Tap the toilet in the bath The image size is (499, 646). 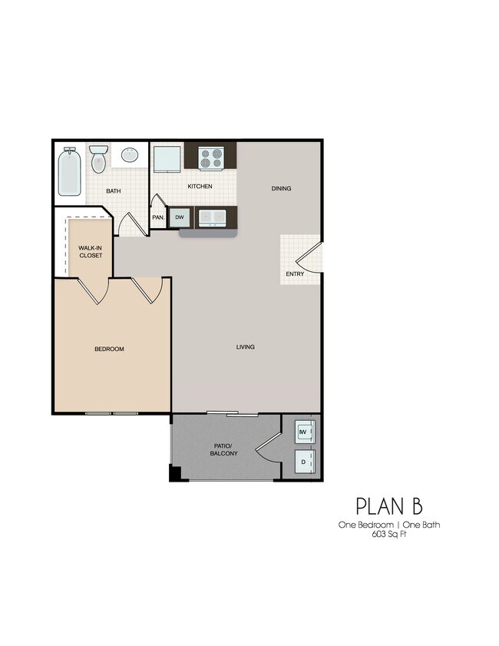pos(98,160)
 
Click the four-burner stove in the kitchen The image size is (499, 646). pos(210,158)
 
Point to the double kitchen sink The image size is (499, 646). pos(210,218)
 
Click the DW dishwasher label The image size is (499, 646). pos(180,218)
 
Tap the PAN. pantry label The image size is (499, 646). pos(159,217)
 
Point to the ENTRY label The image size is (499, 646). pos(295,274)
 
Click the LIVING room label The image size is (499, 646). pos(245,346)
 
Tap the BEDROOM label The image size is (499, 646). pos(109,350)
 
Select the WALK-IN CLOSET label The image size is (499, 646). pos(91,251)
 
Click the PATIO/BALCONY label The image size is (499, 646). pos(225,449)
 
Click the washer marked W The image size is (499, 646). pos(303,433)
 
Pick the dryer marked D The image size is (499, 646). pos(303,462)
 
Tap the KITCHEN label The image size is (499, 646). pos(200,187)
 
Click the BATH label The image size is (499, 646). pos(114,191)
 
